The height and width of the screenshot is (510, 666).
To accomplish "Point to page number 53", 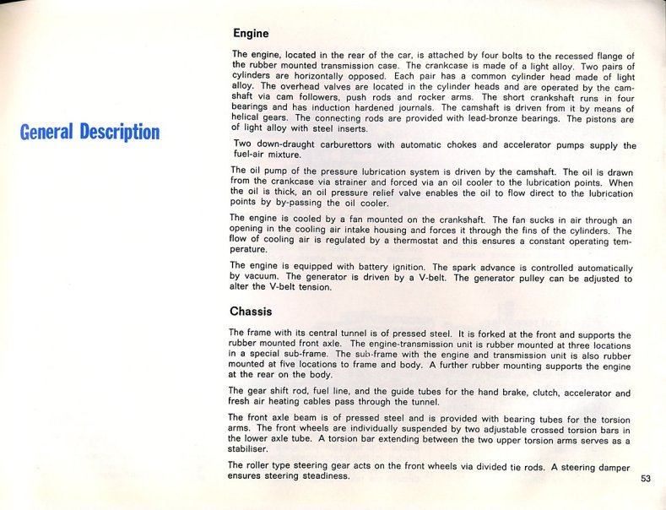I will pos(646,479).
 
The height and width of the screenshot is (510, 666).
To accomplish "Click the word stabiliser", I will pos(250,451).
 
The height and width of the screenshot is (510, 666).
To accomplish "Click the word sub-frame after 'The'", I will pos(355,355).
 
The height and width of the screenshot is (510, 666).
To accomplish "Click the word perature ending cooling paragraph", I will pos(250,251).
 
